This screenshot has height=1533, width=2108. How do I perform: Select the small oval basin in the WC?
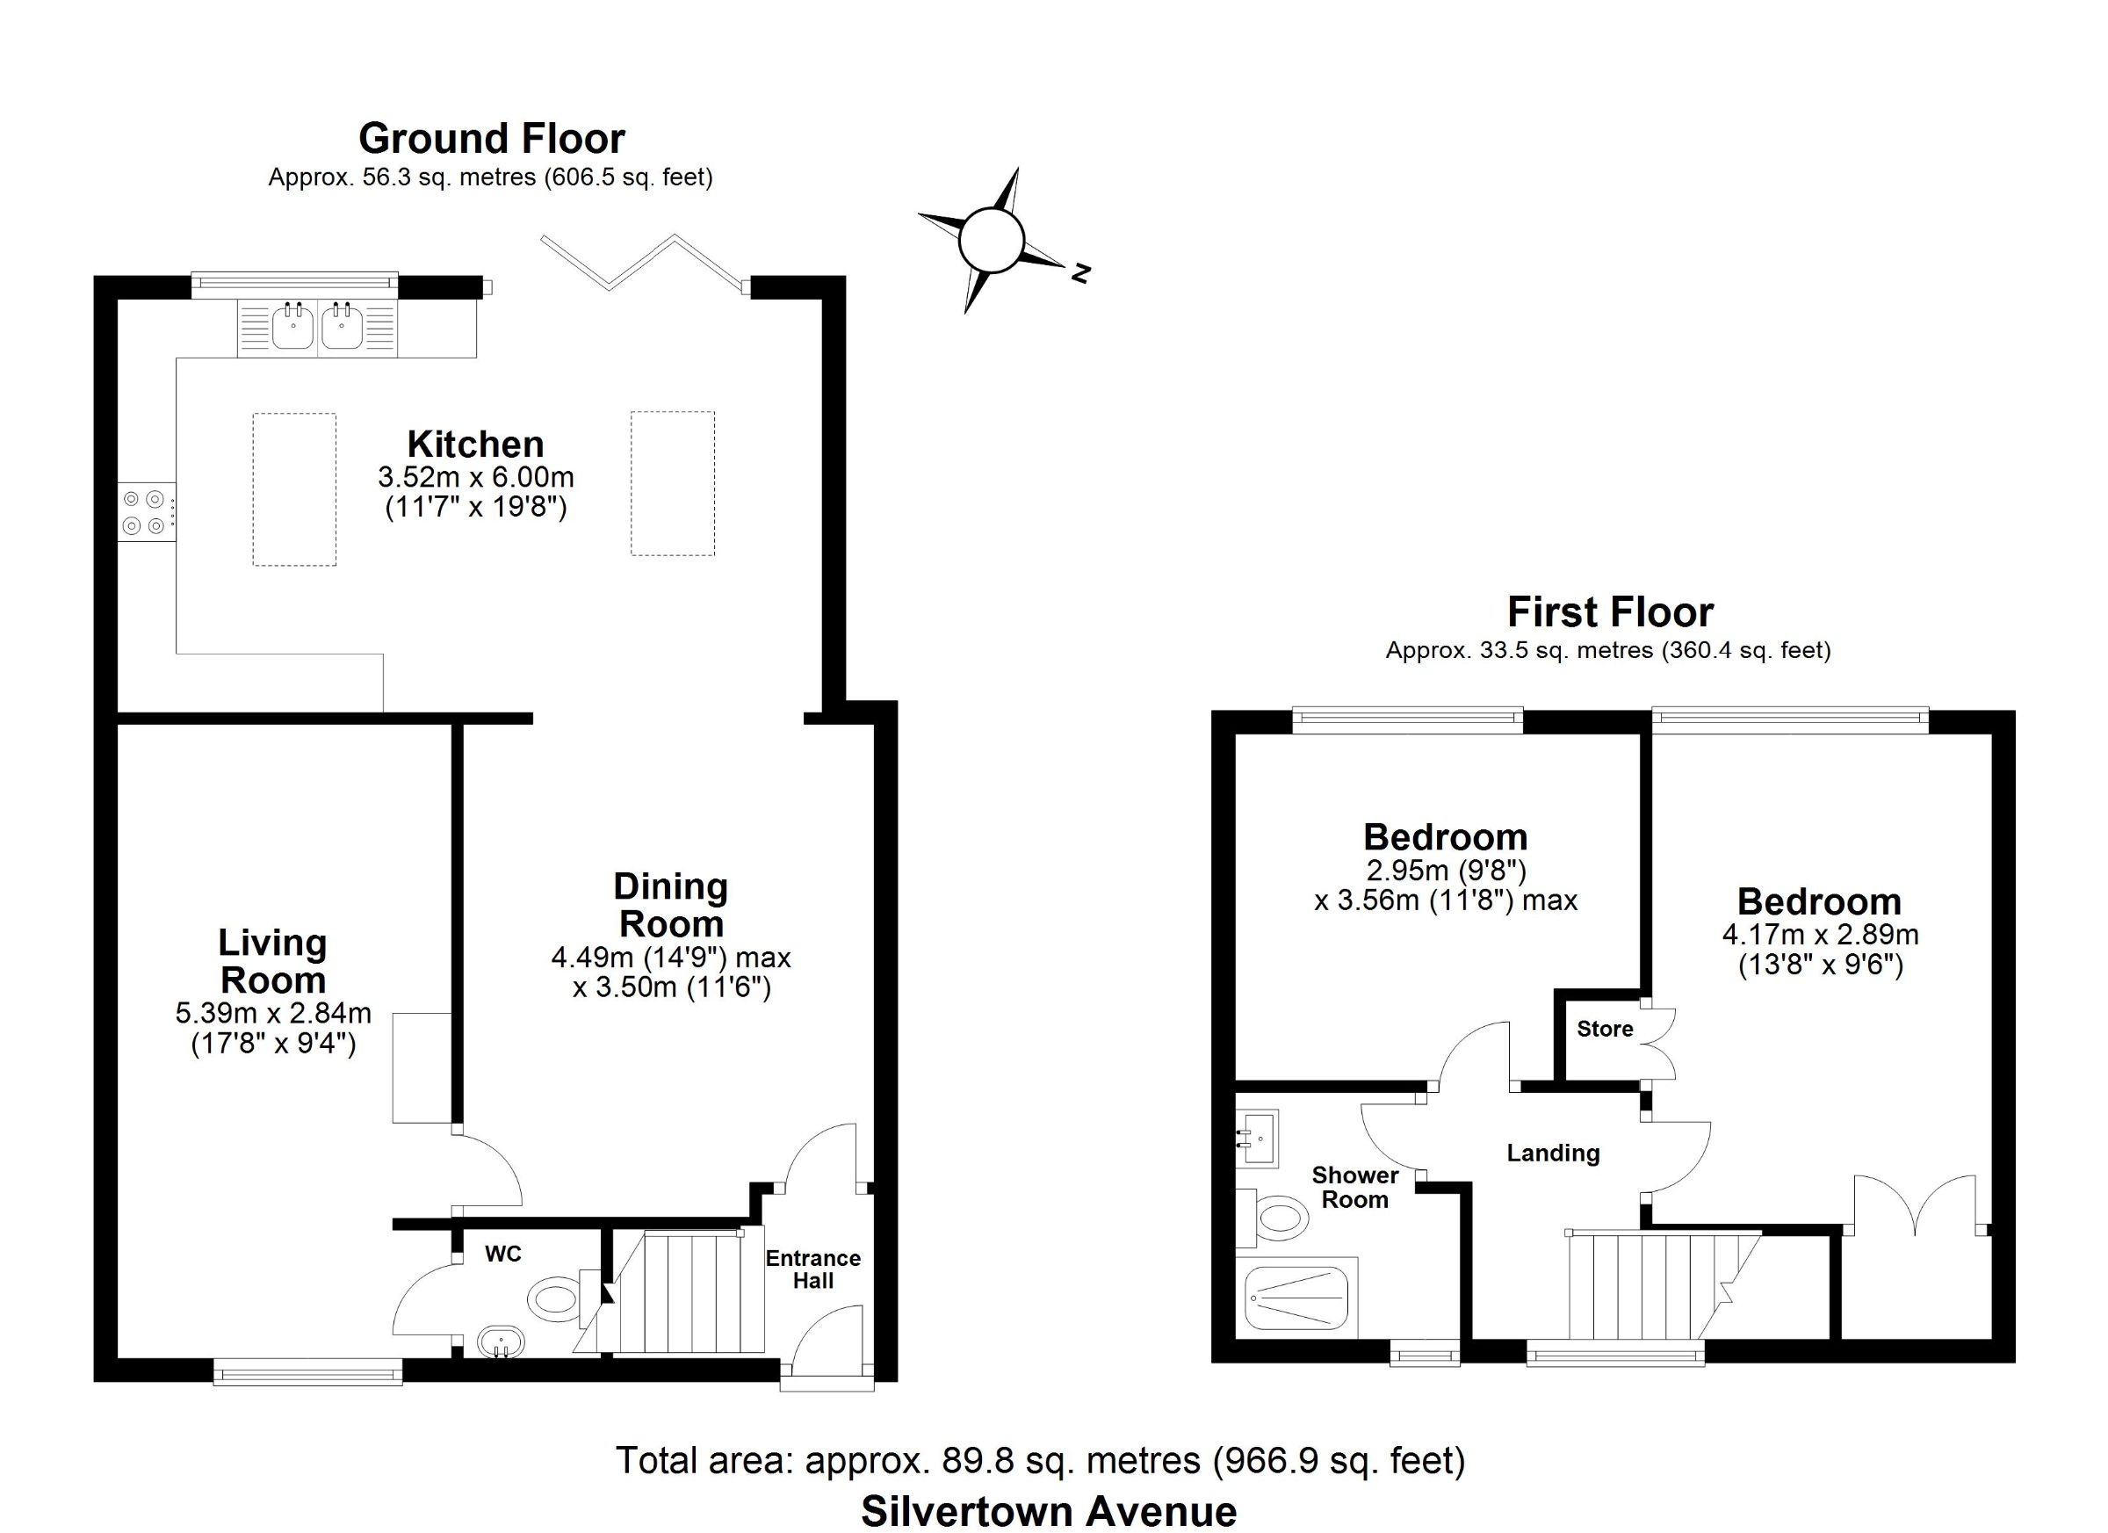click(x=501, y=1341)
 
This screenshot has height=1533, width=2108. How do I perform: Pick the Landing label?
click(x=1553, y=1153)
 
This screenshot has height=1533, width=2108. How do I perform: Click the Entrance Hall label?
click(x=813, y=1269)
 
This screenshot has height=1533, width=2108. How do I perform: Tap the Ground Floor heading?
click(x=492, y=138)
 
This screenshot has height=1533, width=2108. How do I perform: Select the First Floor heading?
click(x=1610, y=611)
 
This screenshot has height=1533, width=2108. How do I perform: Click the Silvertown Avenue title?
click(x=1050, y=1511)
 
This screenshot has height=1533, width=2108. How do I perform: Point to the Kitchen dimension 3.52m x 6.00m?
click(x=476, y=478)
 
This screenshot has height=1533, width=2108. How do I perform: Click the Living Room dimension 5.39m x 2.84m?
click(x=273, y=1013)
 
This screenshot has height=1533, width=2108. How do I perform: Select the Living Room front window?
click(x=307, y=1371)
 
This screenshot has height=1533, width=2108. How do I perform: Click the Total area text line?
click(x=1040, y=1460)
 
